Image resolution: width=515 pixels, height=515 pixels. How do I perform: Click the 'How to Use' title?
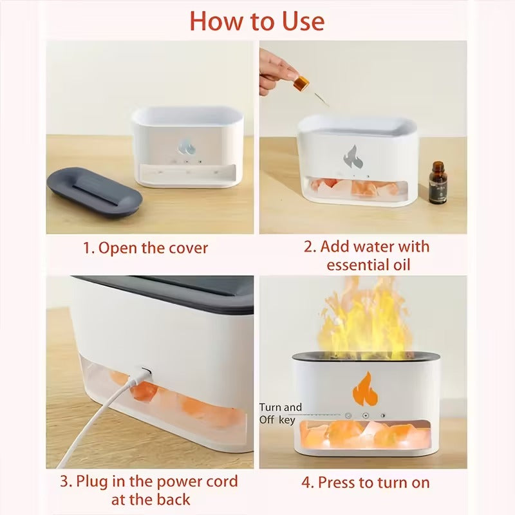[257, 21]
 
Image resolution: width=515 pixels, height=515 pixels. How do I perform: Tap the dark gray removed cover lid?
[95, 191]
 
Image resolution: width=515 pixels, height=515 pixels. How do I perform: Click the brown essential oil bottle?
[438, 183]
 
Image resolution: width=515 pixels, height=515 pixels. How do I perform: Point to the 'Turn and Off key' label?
[281, 413]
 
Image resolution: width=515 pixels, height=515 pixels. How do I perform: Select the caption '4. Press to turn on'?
[365, 482]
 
